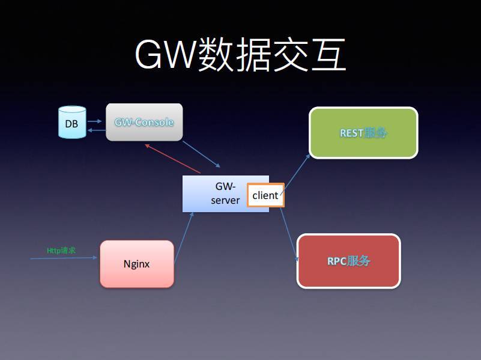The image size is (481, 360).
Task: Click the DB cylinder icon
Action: coord(72,123)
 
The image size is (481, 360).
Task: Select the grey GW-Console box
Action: coord(144,122)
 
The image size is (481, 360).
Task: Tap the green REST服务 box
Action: coord(363,132)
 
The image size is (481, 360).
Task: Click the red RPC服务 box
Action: coord(348,261)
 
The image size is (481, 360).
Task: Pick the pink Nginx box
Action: coord(137,264)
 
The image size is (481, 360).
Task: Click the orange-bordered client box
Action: coord(265,195)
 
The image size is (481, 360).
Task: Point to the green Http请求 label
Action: coord(61,250)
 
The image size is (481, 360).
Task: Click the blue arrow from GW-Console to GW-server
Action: coord(202,154)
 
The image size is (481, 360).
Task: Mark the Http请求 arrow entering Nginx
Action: coord(64,258)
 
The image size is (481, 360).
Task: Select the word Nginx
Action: coord(137,264)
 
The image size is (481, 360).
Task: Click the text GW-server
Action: coord(225,194)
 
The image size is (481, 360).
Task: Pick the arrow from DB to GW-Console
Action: coord(95,121)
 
